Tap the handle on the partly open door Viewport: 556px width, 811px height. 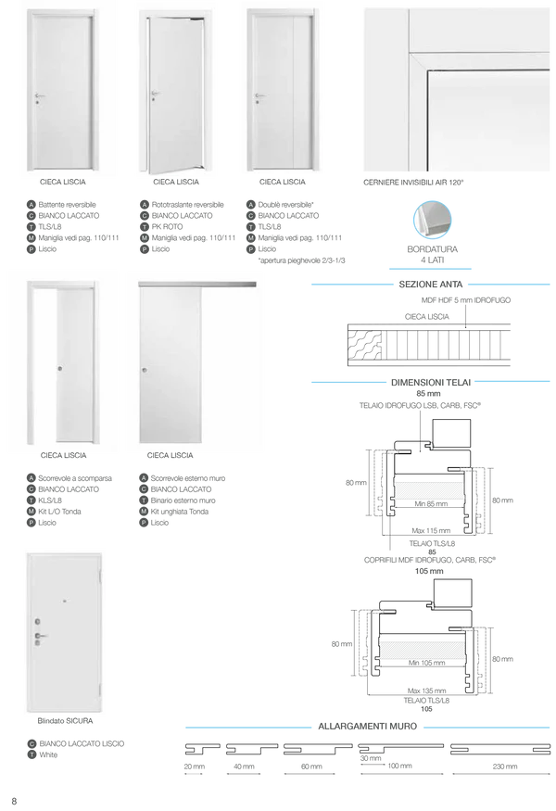(x=156, y=93)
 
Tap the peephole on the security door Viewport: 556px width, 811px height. (x=65, y=601)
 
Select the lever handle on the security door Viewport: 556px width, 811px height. (x=41, y=637)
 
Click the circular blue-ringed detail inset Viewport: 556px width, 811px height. (x=430, y=221)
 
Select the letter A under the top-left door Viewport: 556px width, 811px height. (x=32, y=204)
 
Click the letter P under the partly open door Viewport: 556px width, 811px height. (x=145, y=250)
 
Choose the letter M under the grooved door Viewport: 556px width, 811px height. (x=251, y=239)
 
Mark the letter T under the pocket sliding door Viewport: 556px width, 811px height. (x=32, y=501)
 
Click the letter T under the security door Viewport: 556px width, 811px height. (x=32, y=754)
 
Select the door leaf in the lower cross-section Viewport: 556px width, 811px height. (x=423, y=649)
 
